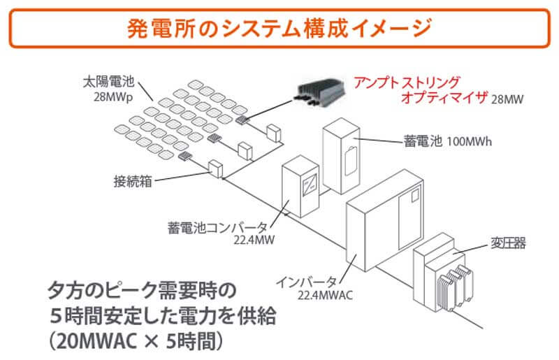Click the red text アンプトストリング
tap(407, 82)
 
